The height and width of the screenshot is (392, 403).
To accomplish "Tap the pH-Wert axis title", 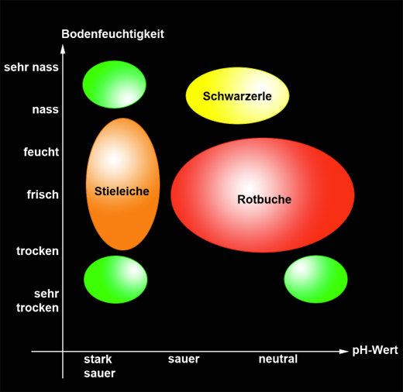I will point(374,350).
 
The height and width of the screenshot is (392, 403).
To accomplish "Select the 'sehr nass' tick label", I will point(31,67).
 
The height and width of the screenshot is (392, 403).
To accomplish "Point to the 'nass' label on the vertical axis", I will point(45,109).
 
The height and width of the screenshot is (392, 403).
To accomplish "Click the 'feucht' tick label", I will point(41,152).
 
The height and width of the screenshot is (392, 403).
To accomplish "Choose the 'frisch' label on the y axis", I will point(41,194).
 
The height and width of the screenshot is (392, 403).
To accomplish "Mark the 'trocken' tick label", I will point(37,251).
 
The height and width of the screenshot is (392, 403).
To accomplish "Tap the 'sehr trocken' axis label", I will point(37,301).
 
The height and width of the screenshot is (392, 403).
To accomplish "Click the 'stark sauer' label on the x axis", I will point(99,366).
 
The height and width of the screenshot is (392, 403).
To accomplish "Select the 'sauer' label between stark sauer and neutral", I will point(184,359).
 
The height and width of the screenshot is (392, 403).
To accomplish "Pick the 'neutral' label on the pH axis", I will point(277,359).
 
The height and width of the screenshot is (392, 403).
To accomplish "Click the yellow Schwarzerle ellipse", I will point(237,95).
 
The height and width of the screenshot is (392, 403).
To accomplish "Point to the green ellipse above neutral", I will point(315,279).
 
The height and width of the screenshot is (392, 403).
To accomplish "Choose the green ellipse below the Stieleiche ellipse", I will point(115,279).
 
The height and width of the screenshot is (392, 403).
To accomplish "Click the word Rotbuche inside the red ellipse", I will point(263,199).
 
